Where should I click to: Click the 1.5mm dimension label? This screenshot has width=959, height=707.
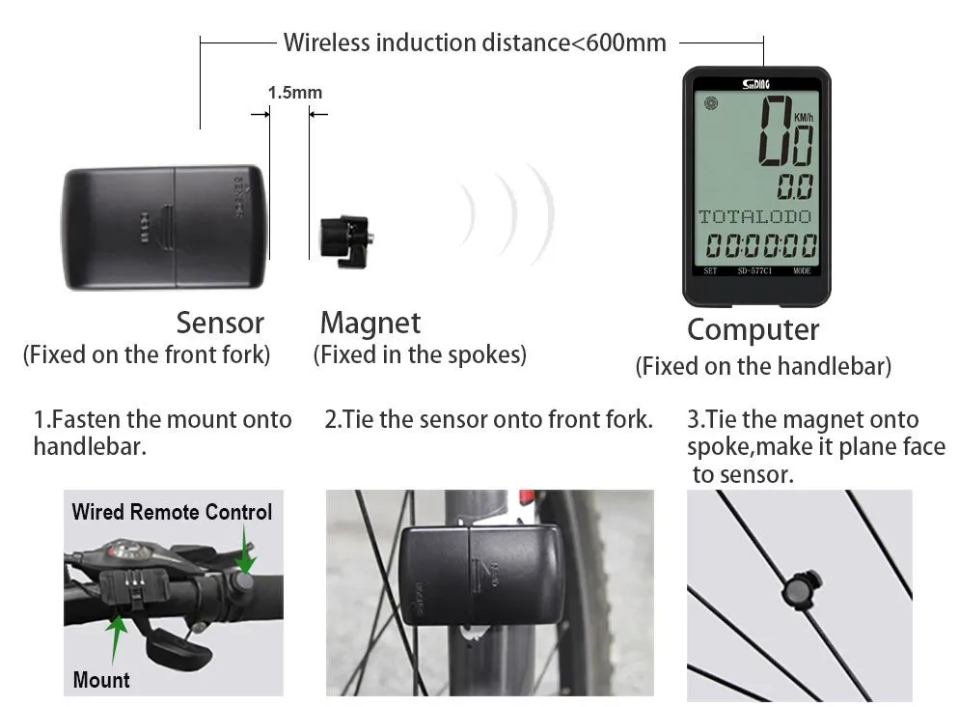[294, 93]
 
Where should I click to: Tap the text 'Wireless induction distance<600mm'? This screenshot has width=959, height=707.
[474, 43]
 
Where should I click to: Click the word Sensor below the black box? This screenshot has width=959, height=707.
[219, 323]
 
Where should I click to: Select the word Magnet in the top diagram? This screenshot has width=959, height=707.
[370, 323]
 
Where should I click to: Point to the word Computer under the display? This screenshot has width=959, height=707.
[753, 329]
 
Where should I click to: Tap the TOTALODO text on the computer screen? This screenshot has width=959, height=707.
[754, 216]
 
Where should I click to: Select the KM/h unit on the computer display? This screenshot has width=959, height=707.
[804, 118]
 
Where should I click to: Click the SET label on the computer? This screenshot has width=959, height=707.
[710, 271]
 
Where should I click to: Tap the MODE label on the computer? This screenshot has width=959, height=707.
[802, 271]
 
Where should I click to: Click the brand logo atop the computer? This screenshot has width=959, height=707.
[756, 84]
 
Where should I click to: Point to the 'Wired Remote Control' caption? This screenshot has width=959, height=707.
[172, 512]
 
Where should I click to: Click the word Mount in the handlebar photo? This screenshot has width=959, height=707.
[101, 679]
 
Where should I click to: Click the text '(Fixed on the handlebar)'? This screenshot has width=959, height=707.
[762, 367]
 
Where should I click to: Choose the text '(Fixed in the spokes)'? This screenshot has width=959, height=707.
[420, 354]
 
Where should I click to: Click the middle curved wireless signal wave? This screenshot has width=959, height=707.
[507, 214]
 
